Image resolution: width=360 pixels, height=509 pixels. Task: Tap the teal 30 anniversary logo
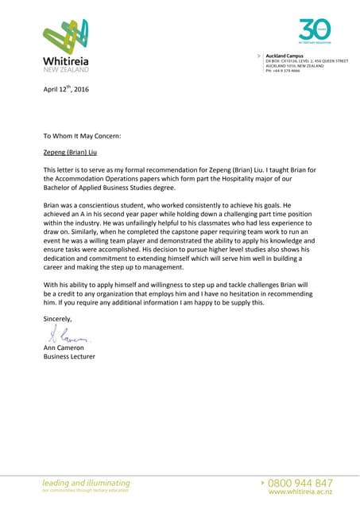315,30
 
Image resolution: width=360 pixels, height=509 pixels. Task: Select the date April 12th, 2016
66,89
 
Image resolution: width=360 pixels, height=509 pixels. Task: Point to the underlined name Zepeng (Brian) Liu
72,153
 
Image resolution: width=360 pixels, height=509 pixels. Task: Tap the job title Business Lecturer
69,357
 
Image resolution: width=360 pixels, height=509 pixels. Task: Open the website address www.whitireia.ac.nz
301,492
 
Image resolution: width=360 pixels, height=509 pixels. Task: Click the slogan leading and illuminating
87,483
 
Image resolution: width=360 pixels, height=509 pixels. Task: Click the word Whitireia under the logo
66,61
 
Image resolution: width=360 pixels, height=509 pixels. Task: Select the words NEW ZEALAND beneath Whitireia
65,71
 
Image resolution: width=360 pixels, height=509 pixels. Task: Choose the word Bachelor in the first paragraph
58,188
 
